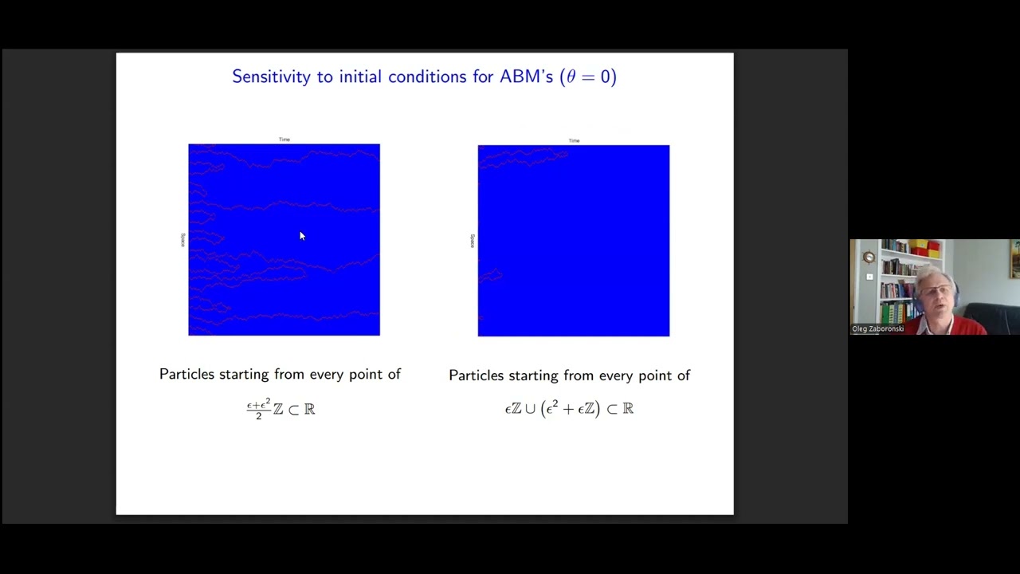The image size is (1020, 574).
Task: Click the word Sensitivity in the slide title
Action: tap(270, 77)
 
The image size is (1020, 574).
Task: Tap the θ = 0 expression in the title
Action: tap(587, 77)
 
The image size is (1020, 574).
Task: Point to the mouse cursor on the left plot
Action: tap(302, 236)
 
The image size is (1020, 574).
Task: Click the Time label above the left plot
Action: tap(284, 140)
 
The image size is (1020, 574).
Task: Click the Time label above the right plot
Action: tap(574, 140)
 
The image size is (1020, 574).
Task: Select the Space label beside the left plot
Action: tap(182, 239)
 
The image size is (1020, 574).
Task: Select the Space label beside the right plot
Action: tap(472, 240)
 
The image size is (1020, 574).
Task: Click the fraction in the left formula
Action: tap(258, 409)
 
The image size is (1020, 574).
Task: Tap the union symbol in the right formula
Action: tap(529, 409)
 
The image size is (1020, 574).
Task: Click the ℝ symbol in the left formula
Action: tap(309, 409)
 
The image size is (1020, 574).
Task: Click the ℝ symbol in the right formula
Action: tap(628, 409)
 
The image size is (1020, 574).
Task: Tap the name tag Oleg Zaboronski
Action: tap(877, 328)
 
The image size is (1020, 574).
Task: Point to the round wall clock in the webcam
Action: tap(869, 257)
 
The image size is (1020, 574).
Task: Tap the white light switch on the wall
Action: tap(869, 277)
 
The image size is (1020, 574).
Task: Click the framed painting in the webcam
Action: tap(1015, 259)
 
